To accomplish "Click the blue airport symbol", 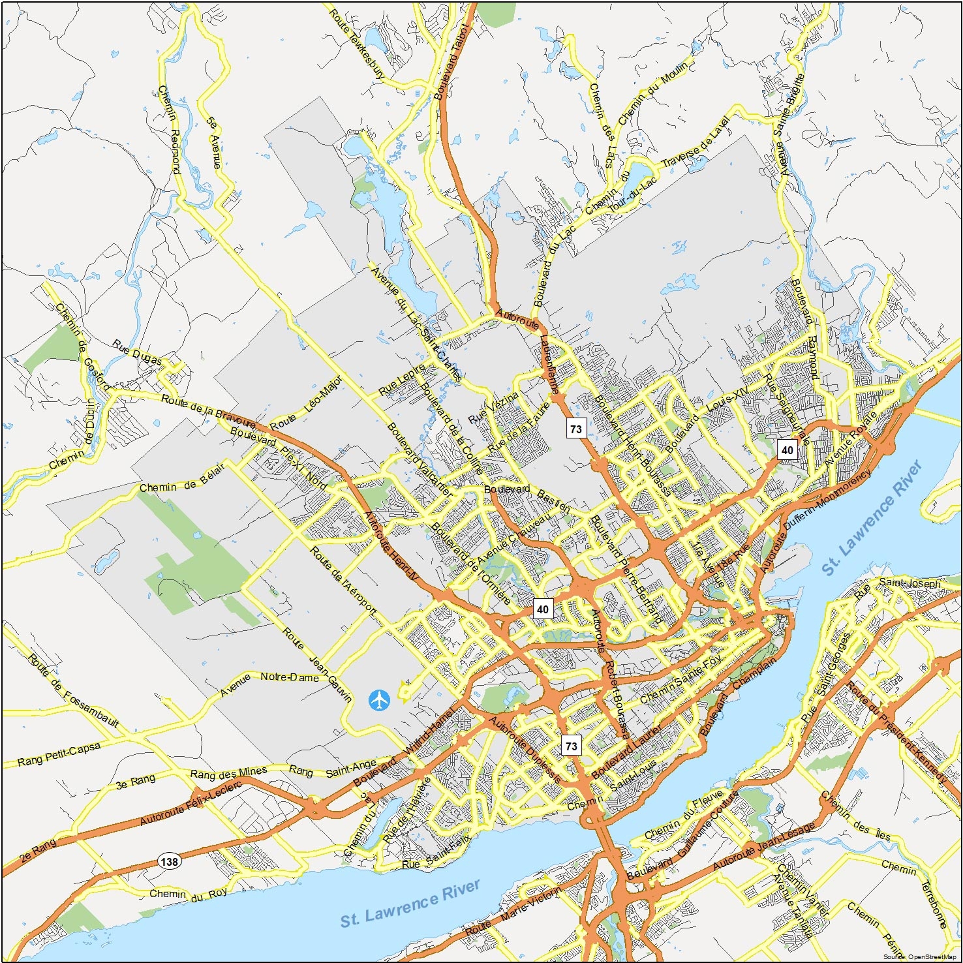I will pyautogui.click(x=378, y=700).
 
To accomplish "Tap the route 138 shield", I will pyautogui.click(x=169, y=861).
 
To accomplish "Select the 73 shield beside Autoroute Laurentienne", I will pyautogui.click(x=575, y=429).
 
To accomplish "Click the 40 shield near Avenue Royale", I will pyautogui.click(x=787, y=450).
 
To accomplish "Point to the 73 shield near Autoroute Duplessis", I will pyautogui.click(x=571, y=746).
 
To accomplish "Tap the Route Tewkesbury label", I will pyautogui.click(x=356, y=44).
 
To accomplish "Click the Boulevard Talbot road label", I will pyautogui.click(x=451, y=62).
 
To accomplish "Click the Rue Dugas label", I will pyautogui.click(x=136, y=352).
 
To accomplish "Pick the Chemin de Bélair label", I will pyautogui.click(x=181, y=478).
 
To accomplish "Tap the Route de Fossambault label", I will pyautogui.click(x=73, y=691).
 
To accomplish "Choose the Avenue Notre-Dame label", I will pyautogui.click(x=269, y=680).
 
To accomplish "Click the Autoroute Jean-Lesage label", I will pyautogui.click(x=763, y=846).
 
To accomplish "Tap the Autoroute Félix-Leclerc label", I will pyautogui.click(x=190, y=802).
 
